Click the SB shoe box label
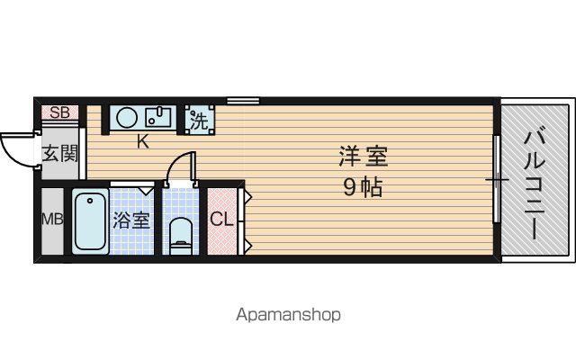pos(59,112)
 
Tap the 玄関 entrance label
pos(60,153)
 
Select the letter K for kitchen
pos(143,141)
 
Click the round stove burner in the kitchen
pos(127,118)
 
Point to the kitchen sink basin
pos(157,117)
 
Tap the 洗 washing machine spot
pos(200,120)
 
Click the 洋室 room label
pos(363,156)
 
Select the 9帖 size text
pos(363,187)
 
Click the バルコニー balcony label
pos(534,183)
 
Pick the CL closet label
pos(222,220)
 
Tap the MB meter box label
pos(52,220)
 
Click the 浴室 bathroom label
pos(131,220)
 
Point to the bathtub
pos(90,221)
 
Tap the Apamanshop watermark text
pos(288,315)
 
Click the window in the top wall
pos(243,100)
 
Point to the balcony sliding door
pos(496,179)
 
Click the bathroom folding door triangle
pos(147,191)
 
